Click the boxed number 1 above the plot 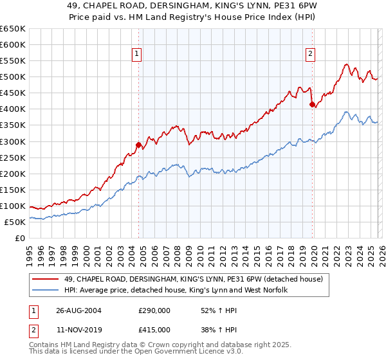tap(138, 54)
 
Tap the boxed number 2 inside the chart tap(310, 54)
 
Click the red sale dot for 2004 tap(138, 145)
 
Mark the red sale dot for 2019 tap(311, 104)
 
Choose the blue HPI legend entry tap(176, 290)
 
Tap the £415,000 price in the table tap(154, 329)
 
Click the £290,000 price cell tap(154, 310)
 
